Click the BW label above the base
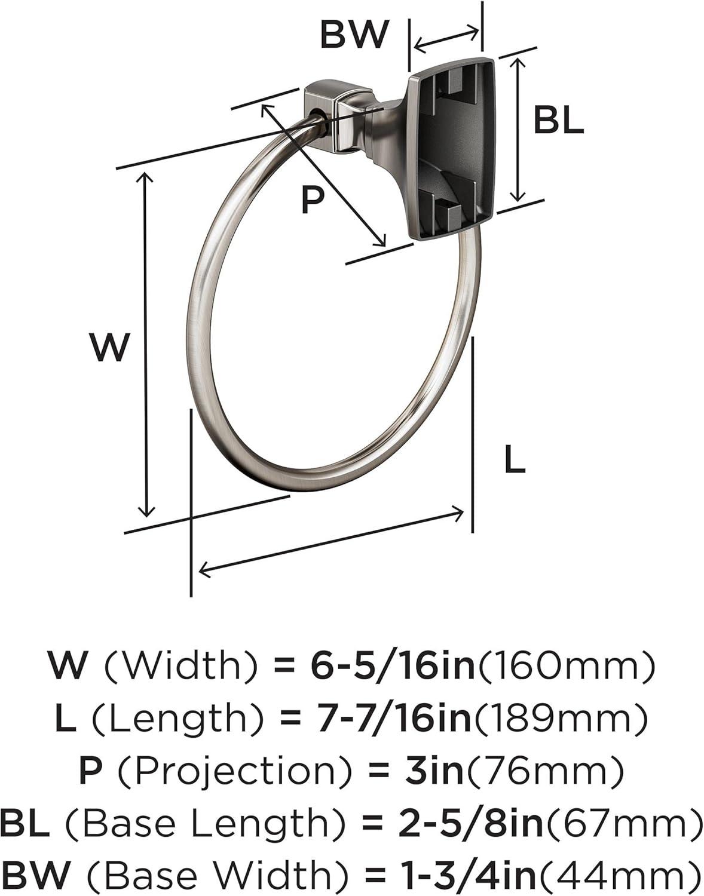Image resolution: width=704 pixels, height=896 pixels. (x=354, y=35)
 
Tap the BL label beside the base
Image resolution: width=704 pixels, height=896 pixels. (x=559, y=119)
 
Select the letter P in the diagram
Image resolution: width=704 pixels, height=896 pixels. (x=313, y=199)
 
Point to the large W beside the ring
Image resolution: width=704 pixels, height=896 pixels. (x=111, y=348)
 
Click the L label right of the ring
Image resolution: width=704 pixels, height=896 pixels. (x=515, y=460)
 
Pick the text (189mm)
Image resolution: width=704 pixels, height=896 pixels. (x=559, y=718)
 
